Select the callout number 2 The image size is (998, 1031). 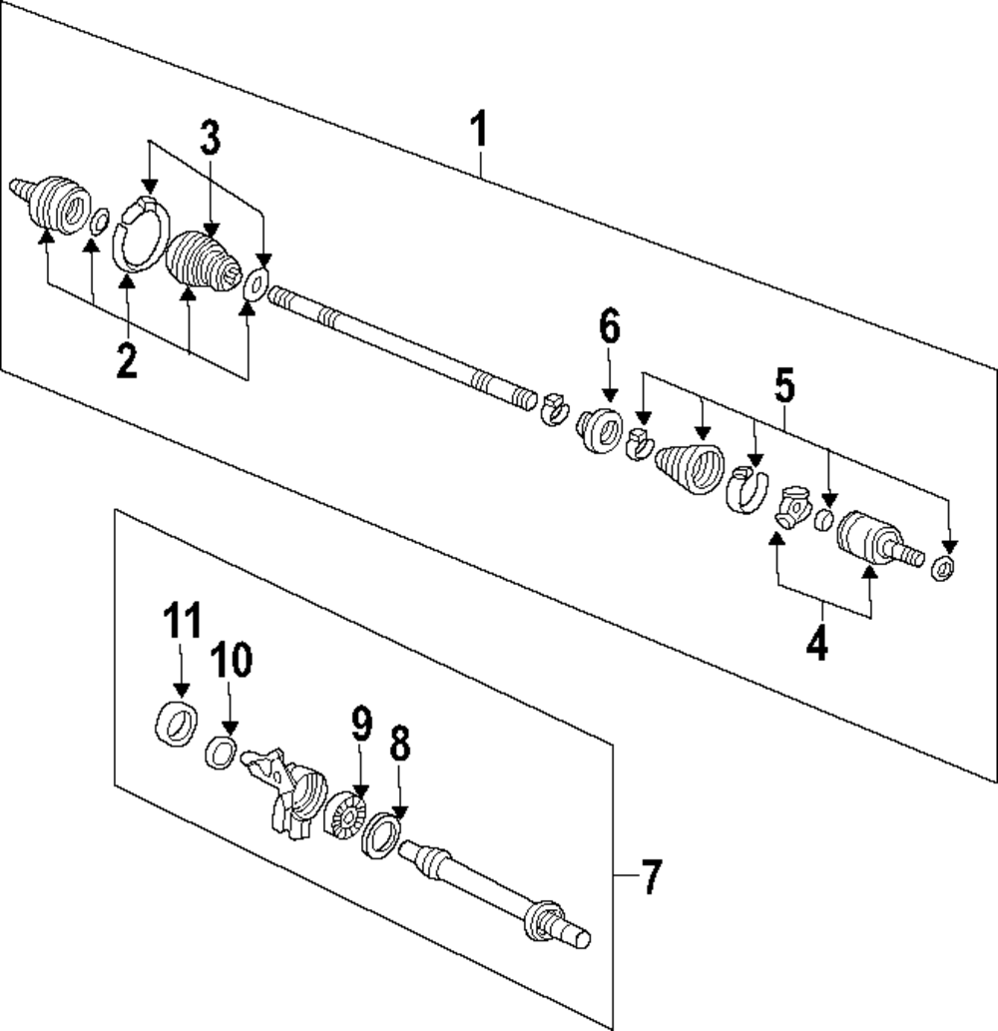(x=127, y=359)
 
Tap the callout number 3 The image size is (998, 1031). (x=211, y=138)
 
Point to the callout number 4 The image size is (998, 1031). (x=817, y=642)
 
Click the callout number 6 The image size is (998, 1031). (x=610, y=326)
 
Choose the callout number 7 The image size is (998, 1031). (x=650, y=876)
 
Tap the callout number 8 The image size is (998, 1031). (x=400, y=743)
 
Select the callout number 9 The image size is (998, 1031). (x=361, y=723)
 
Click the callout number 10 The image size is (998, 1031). (x=231, y=660)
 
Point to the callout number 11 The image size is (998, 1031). (x=182, y=620)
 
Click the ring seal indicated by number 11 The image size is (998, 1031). (x=177, y=724)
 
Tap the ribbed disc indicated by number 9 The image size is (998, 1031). (x=345, y=816)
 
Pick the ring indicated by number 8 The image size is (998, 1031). (x=381, y=835)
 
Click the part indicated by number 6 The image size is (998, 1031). (x=600, y=430)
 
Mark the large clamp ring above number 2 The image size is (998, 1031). (x=141, y=234)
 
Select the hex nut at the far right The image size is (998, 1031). (x=944, y=567)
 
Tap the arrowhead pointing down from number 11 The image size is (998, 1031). (x=182, y=691)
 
